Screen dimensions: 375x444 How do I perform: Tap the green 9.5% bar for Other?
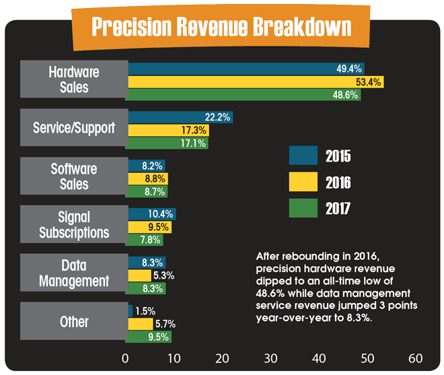pos(149,337)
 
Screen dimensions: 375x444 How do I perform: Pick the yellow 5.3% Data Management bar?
pos(140,275)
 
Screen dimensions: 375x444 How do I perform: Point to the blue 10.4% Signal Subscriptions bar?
pos(152,214)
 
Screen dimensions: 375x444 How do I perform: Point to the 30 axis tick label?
pos(270,357)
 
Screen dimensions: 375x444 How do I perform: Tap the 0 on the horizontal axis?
pos(126,357)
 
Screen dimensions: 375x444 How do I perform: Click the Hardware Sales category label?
pos(74,79)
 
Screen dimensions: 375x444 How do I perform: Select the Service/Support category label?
pos(74,128)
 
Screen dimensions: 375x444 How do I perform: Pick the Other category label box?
pos(74,321)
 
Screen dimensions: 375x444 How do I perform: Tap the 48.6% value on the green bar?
pos(345,95)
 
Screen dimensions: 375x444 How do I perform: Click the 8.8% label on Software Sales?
pos(154,178)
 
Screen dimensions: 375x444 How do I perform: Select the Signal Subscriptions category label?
pos(74,225)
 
